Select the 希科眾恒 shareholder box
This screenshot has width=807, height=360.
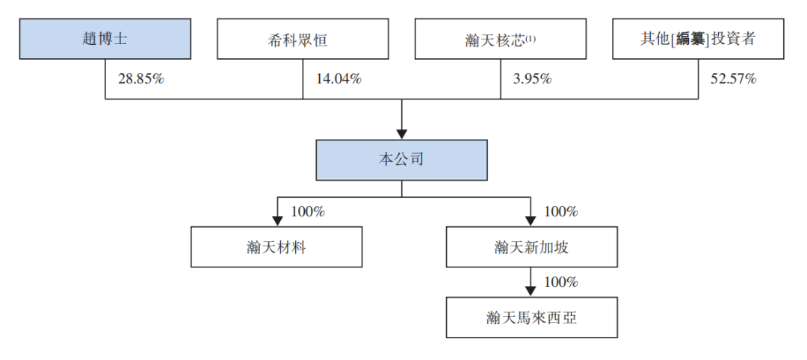tap(303, 39)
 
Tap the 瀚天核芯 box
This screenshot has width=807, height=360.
tap(500, 39)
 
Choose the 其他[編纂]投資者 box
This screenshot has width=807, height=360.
tap(698, 39)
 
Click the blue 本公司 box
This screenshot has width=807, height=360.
tap(401, 159)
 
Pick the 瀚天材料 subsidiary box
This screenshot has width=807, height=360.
tap(276, 247)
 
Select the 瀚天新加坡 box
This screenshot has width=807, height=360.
tap(531, 247)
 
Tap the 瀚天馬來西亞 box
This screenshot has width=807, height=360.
tap(531, 318)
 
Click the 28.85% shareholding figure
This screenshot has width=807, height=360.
tap(141, 78)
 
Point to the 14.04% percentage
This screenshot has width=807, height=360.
tap(338, 78)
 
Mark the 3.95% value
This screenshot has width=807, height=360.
tap(532, 78)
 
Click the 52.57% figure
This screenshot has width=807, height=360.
tap(733, 78)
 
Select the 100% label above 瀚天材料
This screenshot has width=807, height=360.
tap(308, 212)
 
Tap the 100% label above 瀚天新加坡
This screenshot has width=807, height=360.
tap(561, 212)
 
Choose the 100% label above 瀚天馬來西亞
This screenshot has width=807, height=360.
tap(561, 282)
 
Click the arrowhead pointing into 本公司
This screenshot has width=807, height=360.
tap(401, 133)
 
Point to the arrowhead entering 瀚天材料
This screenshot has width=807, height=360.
tap(277, 222)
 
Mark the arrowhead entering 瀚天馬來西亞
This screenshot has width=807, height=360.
tap(531, 292)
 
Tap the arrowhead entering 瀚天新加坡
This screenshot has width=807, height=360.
tap(531, 222)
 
